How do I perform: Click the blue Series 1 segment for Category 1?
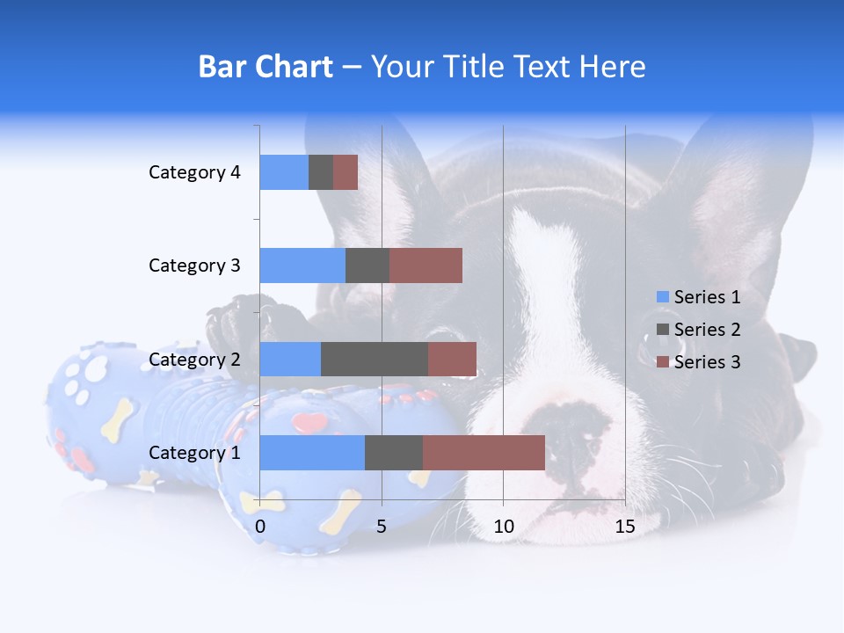312,453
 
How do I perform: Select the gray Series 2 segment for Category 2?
375,359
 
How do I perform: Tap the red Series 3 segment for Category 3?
426,266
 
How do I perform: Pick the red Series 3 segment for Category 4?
346,172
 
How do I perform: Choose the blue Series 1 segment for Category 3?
302,266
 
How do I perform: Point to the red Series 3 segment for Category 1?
484,453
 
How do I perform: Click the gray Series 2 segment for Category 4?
321,172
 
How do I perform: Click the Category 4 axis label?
194,172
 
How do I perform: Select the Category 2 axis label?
194,359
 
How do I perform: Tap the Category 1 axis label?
194,453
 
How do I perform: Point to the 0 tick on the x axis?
260,527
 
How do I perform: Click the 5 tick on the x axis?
382,527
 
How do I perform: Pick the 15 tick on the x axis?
624,527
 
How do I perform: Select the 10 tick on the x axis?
503,527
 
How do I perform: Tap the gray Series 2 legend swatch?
662,330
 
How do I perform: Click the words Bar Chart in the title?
266,67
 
